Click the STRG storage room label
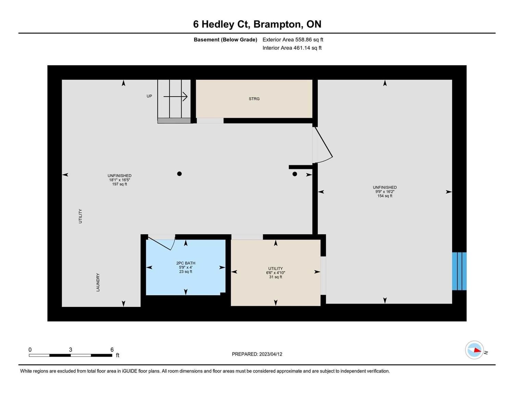[x=254, y=99]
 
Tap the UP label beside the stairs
[x=149, y=96]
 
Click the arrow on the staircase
[x=175, y=97]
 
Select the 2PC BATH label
[x=186, y=263]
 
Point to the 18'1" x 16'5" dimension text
[x=120, y=180]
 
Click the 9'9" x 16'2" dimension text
[x=384, y=192]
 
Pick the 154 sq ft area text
[x=384, y=196]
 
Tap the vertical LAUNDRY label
[x=98, y=282]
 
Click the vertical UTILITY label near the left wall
[x=80, y=216]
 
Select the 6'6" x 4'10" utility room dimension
[x=276, y=273]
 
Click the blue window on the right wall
[x=459, y=271]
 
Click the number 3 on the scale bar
[x=71, y=349]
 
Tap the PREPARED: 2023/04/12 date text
[x=257, y=354]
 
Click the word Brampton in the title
[x=278, y=25]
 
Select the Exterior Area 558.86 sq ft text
[x=293, y=39]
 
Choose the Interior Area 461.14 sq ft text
[x=292, y=48]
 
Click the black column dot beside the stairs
[x=179, y=174]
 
